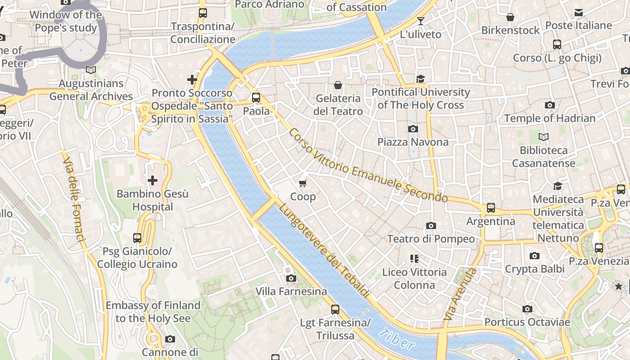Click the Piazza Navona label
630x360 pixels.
[413, 142]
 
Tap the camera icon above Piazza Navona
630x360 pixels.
[413, 129]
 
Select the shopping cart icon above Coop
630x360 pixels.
[303, 183]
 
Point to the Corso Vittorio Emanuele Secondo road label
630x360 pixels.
[368, 166]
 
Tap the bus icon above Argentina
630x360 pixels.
[491, 208]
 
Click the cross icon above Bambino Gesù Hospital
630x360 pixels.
[153, 181]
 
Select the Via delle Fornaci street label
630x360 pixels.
[74, 200]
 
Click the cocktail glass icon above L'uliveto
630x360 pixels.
[421, 21]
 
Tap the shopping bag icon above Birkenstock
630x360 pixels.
[510, 17]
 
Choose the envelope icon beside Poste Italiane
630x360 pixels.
[578, 13]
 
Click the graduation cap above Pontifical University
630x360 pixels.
[421, 79]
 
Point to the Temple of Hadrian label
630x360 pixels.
[549, 118]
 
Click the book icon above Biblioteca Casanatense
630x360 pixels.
[544, 137]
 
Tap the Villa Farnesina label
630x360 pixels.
[291, 292]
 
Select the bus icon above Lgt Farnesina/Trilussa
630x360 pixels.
[335, 310]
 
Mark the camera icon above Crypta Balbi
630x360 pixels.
[535, 256]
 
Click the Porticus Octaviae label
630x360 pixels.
[527, 322]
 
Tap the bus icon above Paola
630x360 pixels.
[256, 97]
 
